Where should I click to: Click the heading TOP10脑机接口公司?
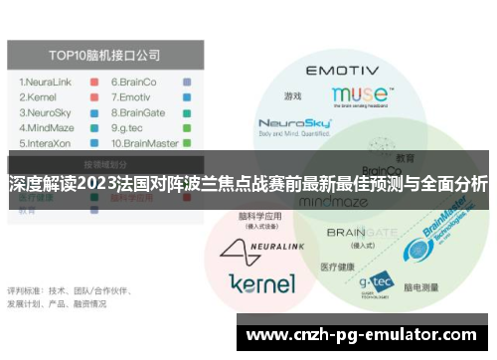coord(104,56)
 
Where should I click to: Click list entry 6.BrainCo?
coord(133,82)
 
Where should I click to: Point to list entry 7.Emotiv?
coord(130,97)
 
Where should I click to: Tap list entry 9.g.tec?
coord(128,127)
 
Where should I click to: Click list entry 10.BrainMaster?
coord(145,142)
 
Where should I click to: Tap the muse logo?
coord(361,95)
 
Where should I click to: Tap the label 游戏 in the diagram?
coord(292,96)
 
